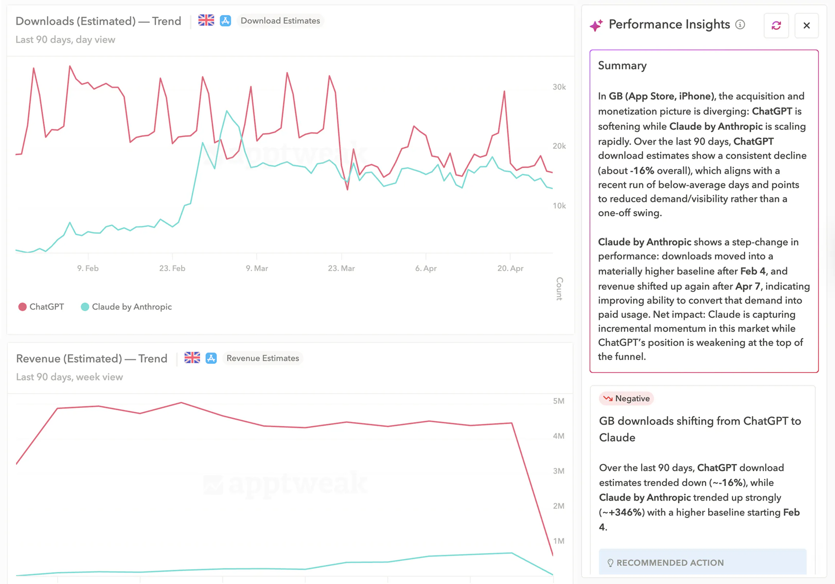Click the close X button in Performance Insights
point(806,26)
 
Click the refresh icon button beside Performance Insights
point(776,26)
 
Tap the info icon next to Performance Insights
point(740,24)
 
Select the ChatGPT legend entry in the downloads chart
point(41,307)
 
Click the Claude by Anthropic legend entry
point(126,307)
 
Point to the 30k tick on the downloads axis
point(559,87)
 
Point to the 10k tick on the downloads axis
point(559,206)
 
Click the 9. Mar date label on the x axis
point(257,268)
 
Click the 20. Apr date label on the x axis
point(510,268)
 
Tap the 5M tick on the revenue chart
point(558,401)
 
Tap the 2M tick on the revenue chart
point(558,506)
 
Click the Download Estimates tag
point(280,21)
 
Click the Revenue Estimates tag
point(263,358)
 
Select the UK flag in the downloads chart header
point(206,20)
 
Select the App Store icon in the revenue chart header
point(211,358)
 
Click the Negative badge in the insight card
point(626,398)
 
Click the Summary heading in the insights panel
point(622,66)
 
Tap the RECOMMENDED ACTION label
point(669,562)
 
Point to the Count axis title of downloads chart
point(559,288)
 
